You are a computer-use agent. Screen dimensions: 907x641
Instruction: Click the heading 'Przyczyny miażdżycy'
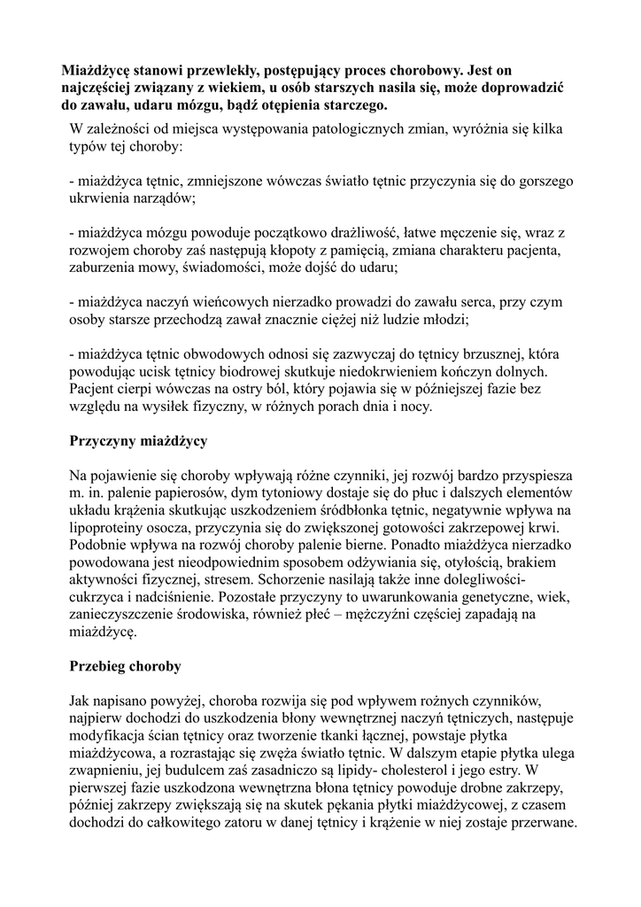point(138,440)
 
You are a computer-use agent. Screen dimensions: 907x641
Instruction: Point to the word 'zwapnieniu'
point(104,770)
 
